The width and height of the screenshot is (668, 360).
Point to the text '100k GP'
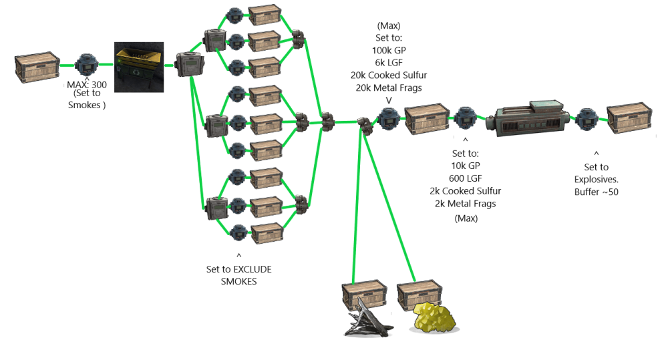pos(389,50)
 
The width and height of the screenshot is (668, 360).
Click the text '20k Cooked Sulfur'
pos(389,75)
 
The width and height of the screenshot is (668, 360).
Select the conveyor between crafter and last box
pos(586,119)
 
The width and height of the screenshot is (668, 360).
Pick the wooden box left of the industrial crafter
pos(426,119)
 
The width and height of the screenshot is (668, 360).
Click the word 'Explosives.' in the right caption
pos(596,179)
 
